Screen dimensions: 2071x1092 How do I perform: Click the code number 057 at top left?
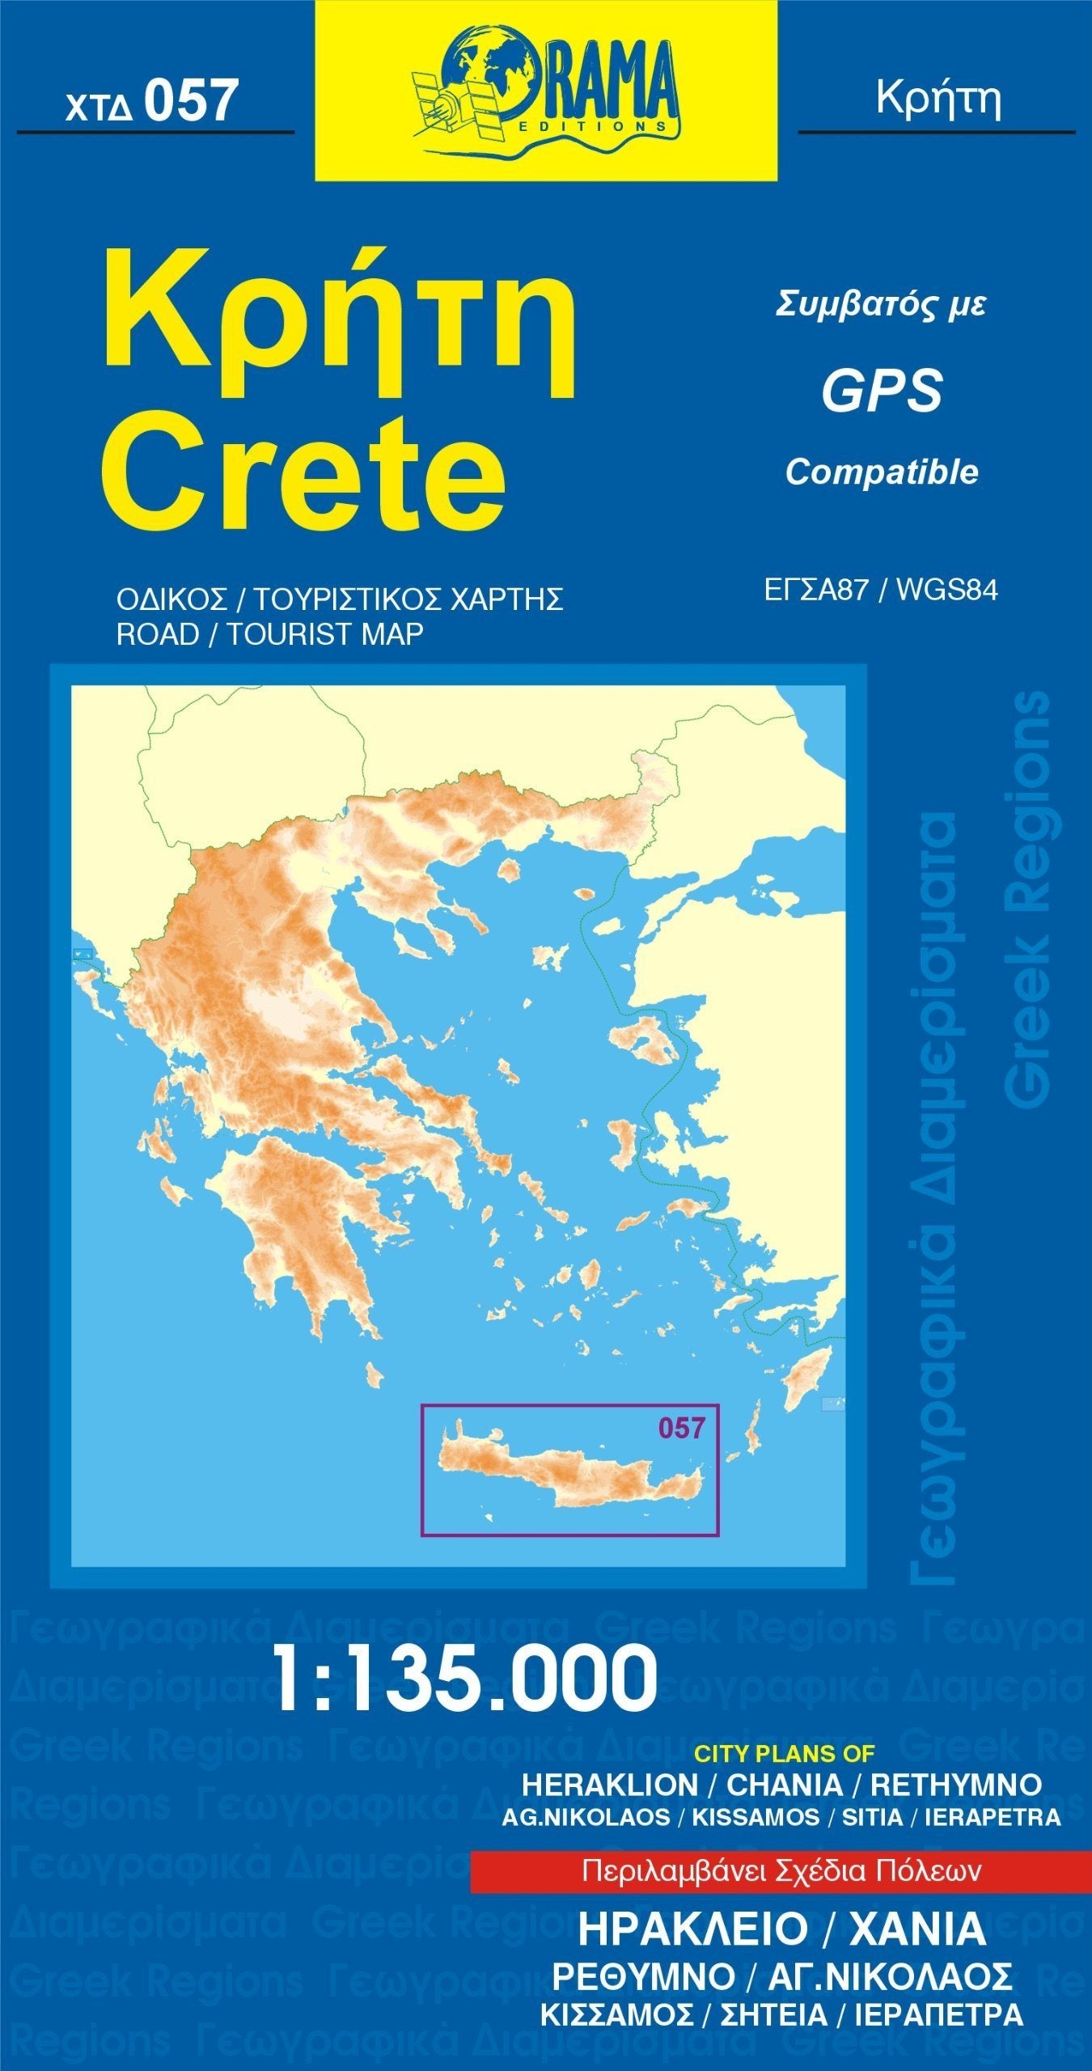point(191,102)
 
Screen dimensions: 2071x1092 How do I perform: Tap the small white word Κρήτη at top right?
point(938,99)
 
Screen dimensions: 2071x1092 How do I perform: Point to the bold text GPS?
point(882,390)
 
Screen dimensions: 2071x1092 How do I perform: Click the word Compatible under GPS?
point(882,472)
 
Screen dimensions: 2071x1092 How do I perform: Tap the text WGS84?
point(946,591)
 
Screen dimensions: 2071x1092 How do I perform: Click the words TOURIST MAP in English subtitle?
point(324,634)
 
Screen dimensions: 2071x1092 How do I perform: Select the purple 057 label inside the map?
point(681,1428)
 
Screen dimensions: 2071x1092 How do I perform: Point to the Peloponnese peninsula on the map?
point(299,1213)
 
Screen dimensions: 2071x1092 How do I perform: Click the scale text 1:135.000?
point(465,1679)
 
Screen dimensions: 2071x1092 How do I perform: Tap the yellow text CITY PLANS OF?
point(785,1754)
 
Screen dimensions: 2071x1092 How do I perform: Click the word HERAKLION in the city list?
point(609,1785)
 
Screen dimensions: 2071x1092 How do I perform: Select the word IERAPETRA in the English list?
point(993,1817)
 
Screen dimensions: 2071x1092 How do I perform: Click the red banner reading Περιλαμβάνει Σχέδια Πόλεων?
point(781,1871)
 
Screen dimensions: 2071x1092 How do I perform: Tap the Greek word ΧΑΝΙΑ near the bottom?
point(917,1929)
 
